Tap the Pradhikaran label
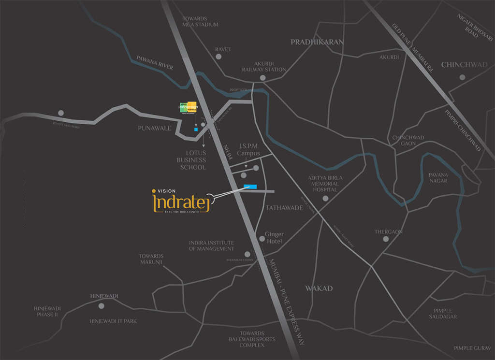[317, 43]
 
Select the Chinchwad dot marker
[463, 77]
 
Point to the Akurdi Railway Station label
[264, 66]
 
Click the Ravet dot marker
[218, 57]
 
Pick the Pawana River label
[155, 63]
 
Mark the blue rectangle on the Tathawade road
[250, 187]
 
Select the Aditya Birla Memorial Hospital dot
[325, 198]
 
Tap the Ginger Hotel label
[274, 238]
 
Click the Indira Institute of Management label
[211, 245]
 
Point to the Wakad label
[319, 288]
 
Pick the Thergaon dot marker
[386, 239]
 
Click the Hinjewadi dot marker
[102, 306]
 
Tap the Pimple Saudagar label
[443, 314]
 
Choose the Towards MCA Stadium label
[200, 21]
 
